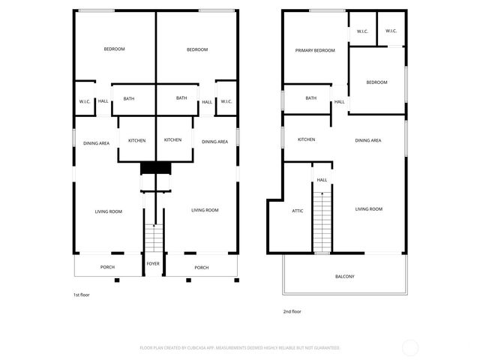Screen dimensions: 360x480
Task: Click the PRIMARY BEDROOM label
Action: click(x=314, y=50)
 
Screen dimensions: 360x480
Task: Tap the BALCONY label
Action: click(x=344, y=277)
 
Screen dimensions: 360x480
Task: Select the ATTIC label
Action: click(x=297, y=211)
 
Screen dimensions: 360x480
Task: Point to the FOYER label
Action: click(x=153, y=264)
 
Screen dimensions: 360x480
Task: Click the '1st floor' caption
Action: click(x=81, y=295)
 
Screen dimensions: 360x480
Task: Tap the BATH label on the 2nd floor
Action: click(x=310, y=98)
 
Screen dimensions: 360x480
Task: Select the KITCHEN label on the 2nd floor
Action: click(x=306, y=139)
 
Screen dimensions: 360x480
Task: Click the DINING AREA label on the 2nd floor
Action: click(x=368, y=140)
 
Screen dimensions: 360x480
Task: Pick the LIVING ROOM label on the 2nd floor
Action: click(x=368, y=209)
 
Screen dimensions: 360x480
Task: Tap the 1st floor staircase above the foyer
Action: click(x=154, y=238)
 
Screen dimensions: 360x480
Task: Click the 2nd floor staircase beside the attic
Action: click(x=322, y=220)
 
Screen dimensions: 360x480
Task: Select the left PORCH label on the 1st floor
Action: click(x=107, y=267)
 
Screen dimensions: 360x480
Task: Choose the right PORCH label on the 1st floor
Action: click(x=201, y=267)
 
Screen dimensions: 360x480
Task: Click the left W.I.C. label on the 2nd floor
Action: click(x=362, y=31)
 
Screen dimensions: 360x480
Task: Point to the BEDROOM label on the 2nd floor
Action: click(x=377, y=82)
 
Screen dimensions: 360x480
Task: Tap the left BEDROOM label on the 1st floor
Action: click(x=114, y=49)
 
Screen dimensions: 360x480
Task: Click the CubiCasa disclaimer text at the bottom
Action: click(x=240, y=348)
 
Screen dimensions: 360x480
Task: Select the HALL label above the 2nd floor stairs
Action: click(x=322, y=180)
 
